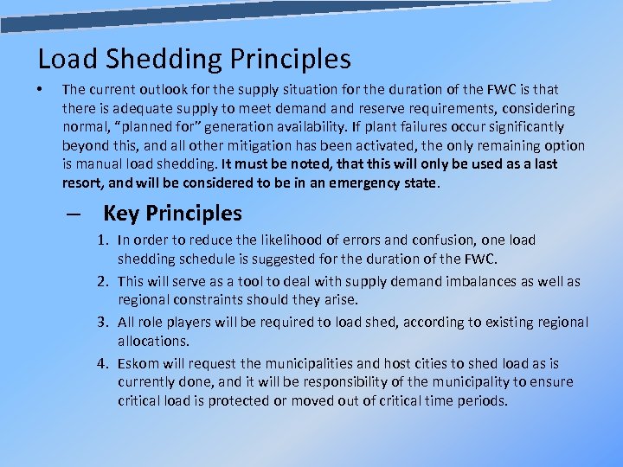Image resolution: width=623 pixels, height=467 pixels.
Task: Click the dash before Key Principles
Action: [x=73, y=214]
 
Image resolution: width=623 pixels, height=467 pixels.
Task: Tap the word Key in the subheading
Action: [x=122, y=214]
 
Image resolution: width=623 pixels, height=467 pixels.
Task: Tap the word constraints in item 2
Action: [x=211, y=300]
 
